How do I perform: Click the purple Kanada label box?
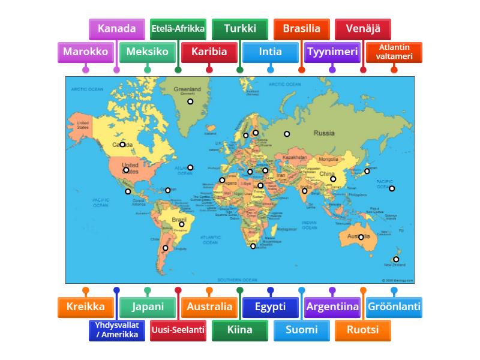pyautogui.click(x=116, y=29)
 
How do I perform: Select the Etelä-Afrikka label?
pyautogui.click(x=178, y=29)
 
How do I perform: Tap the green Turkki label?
pyautogui.click(x=240, y=29)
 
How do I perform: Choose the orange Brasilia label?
pyautogui.click(x=301, y=29)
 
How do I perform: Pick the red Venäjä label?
pyautogui.click(x=363, y=29)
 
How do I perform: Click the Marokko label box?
pyautogui.click(x=86, y=52)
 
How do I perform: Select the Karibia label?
pyautogui.click(x=209, y=52)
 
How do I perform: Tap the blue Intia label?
pyautogui.click(x=270, y=52)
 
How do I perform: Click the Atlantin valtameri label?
pyautogui.click(x=394, y=52)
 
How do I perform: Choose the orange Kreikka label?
pyautogui.click(x=86, y=307)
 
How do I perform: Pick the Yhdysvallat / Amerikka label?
pyautogui.click(x=116, y=330)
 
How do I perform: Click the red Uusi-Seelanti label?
pyautogui.click(x=178, y=330)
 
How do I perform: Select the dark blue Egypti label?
pyautogui.click(x=270, y=307)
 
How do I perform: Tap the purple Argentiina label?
pyautogui.click(x=332, y=307)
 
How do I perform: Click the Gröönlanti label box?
pyautogui.click(x=394, y=307)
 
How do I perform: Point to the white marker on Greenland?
pyautogui.click(x=190, y=101)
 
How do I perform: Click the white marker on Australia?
pyautogui.click(x=361, y=237)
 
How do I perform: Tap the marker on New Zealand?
pyautogui.click(x=396, y=259)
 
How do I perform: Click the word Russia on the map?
pyautogui.click(x=324, y=133)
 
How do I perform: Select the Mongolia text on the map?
pyautogui.click(x=328, y=159)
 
